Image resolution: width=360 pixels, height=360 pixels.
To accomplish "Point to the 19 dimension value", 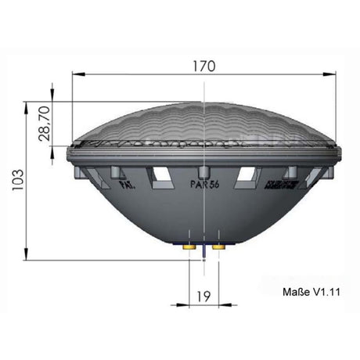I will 203,297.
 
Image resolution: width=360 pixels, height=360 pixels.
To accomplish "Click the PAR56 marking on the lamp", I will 205,186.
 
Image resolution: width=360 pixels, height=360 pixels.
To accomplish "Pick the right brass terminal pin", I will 218,247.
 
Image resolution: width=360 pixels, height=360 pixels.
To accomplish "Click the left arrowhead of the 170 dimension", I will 75,74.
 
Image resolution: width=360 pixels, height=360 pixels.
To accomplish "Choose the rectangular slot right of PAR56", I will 247,175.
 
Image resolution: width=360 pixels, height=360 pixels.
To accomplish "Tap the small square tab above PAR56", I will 203,171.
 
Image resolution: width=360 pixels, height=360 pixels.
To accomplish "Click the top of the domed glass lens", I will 203,103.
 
